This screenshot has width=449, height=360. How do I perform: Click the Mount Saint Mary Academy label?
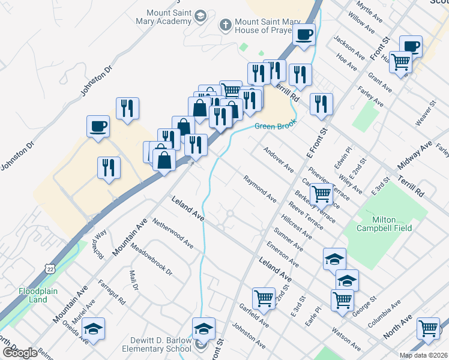pos(169,18)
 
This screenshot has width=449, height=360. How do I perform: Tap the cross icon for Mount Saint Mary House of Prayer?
pos(225,25)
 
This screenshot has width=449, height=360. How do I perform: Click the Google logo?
pos(20,353)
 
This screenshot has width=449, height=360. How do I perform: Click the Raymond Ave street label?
pos(260,188)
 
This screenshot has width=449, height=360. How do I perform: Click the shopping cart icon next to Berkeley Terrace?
pos(322,194)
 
